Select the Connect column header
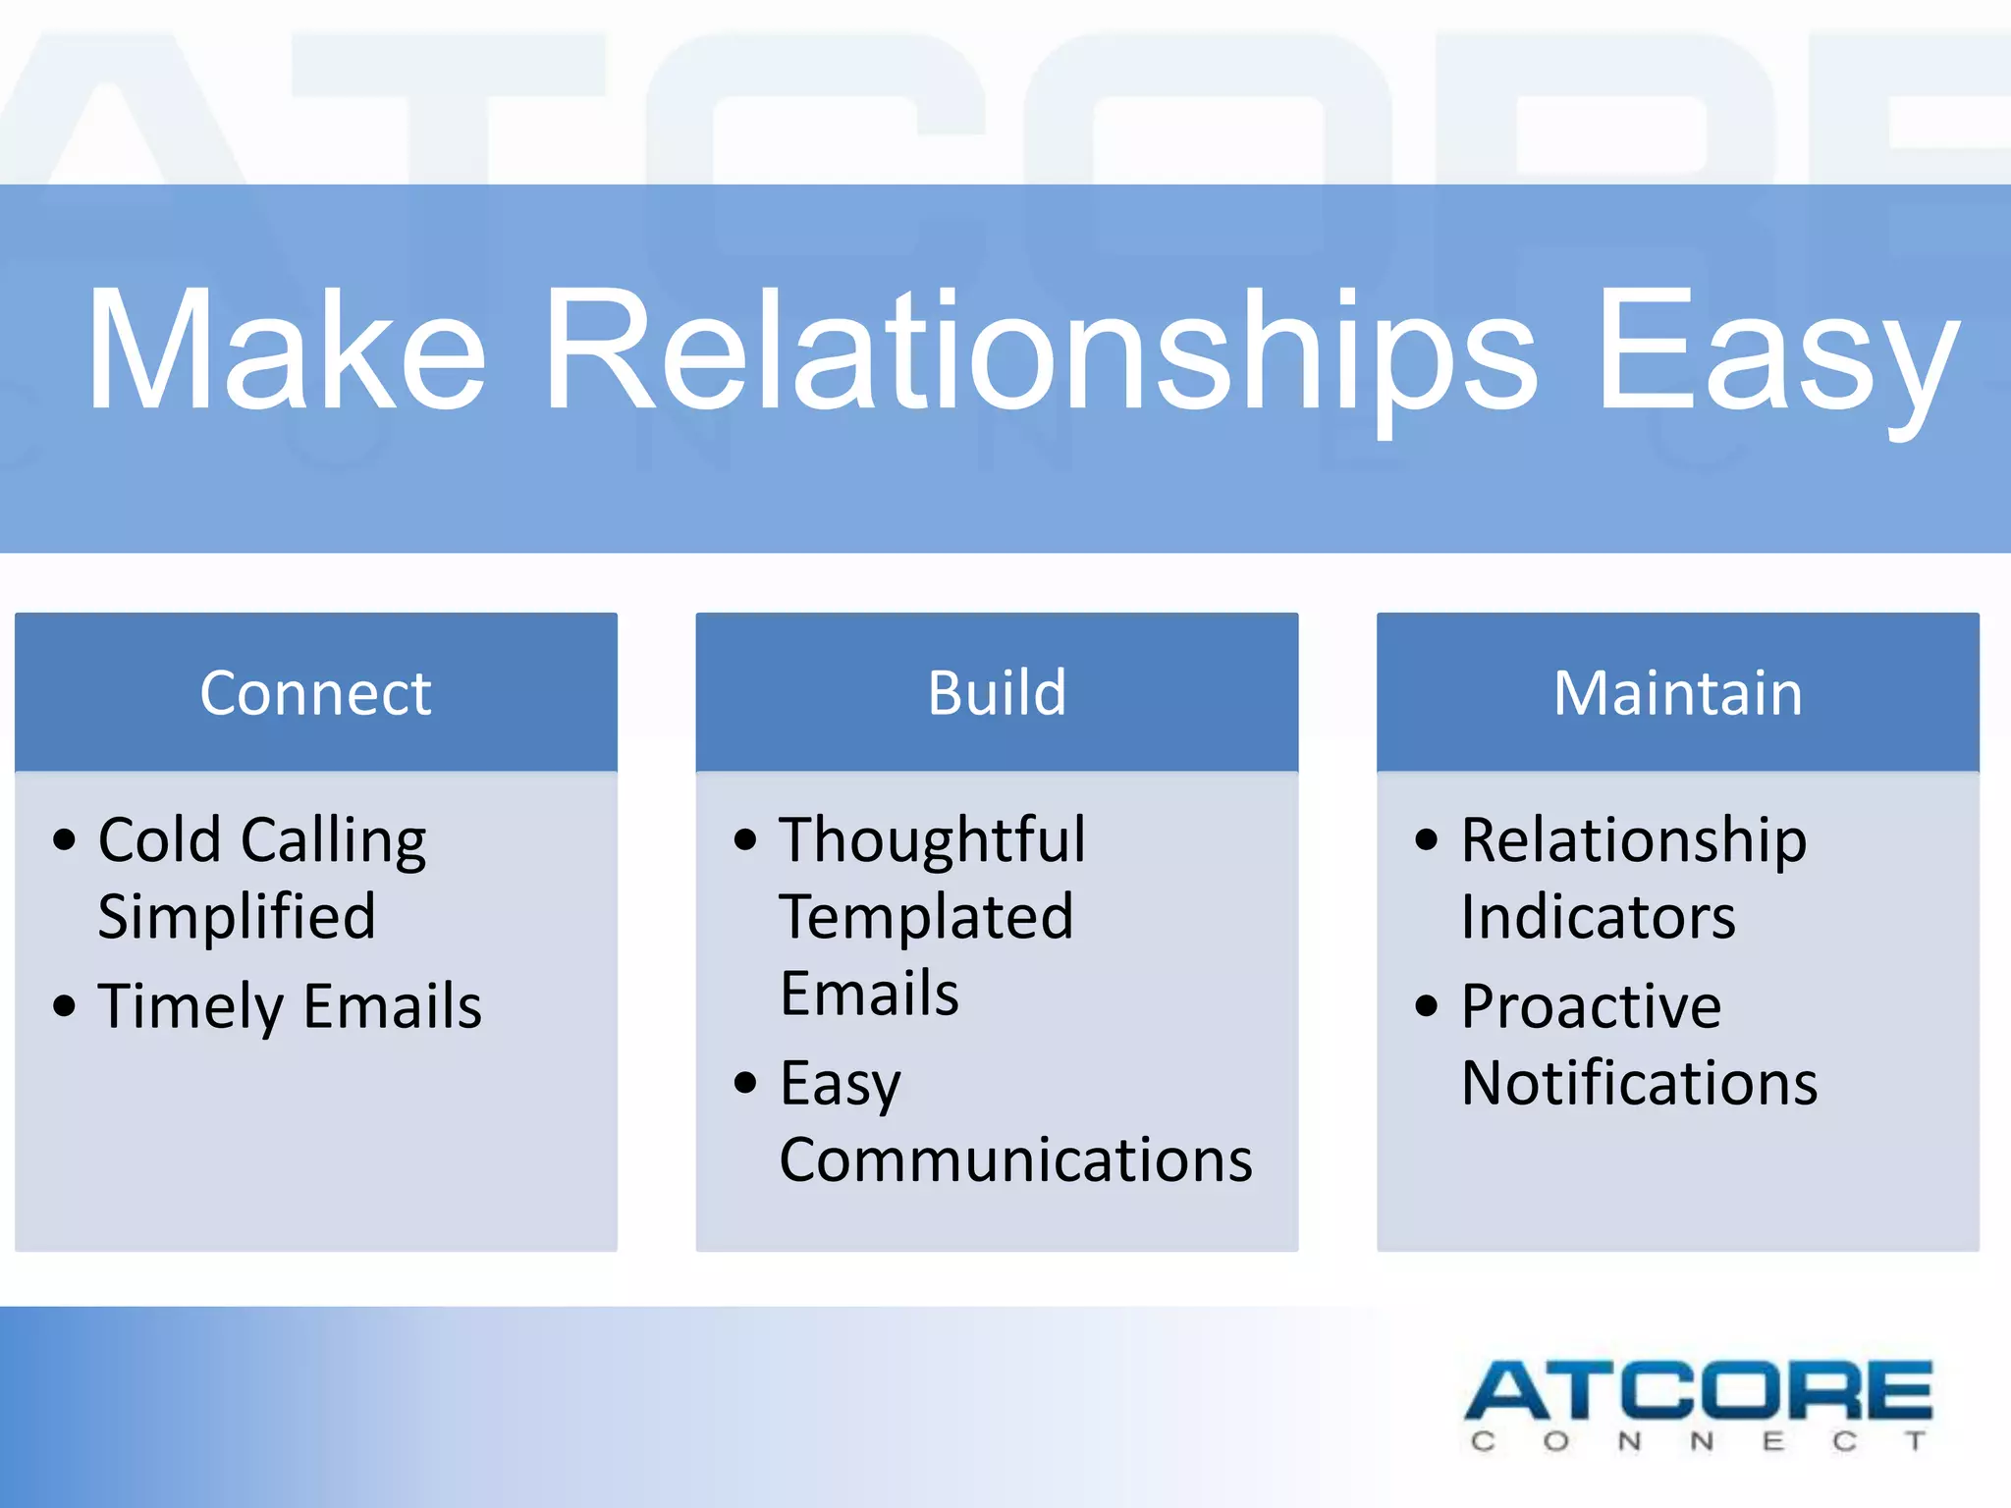315,693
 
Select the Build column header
997,693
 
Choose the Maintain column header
1677,693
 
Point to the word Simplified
237,917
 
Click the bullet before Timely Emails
65,1006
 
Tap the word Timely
190,1007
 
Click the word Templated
927,917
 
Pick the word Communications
1015,1159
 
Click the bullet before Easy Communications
746,1083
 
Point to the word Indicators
1598,917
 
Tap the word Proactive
1591,1007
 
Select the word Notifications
1639,1083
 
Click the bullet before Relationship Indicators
1427,840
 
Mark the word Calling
334,840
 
